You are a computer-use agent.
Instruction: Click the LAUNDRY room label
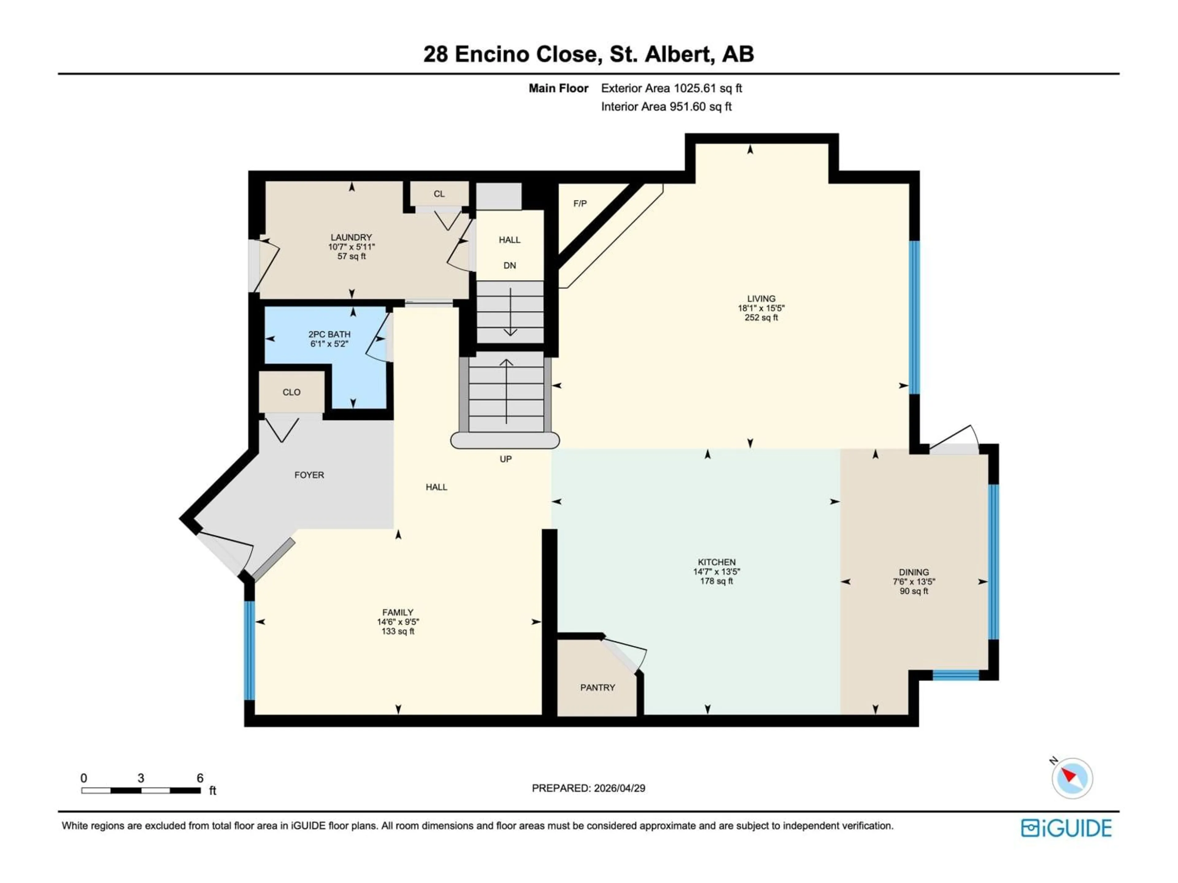tap(351, 237)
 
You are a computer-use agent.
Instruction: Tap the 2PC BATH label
tap(329, 334)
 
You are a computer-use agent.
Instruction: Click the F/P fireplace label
tap(580, 203)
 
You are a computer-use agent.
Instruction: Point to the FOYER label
tap(309, 475)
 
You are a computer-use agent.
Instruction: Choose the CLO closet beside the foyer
tap(291, 392)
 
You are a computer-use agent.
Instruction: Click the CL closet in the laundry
tap(439, 194)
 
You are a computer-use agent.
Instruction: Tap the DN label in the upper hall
tap(510, 266)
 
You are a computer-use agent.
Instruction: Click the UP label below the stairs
tap(505, 459)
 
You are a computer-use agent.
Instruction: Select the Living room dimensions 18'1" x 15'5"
tap(761, 308)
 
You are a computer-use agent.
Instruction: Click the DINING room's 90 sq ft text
tap(914, 591)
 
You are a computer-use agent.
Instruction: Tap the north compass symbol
tap(1072, 778)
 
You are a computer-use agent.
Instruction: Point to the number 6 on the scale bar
tap(200, 778)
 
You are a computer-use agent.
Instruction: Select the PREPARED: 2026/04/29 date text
tap(588, 788)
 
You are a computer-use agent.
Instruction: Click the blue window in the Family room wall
tap(249, 650)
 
